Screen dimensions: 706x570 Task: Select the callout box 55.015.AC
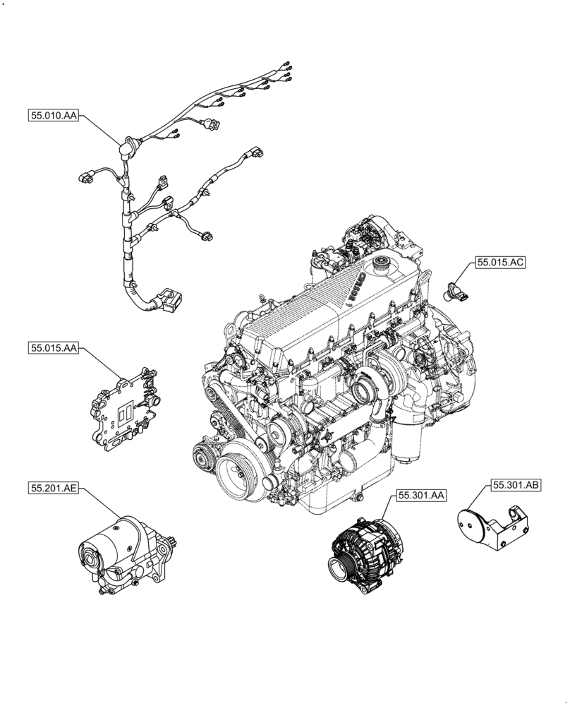point(500,262)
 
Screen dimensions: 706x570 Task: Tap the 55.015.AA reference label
point(54,348)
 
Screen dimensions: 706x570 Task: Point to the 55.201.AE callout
point(54,488)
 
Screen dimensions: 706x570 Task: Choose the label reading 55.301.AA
point(420,496)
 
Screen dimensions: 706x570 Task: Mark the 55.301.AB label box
point(516,485)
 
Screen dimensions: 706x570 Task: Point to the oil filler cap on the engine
point(385,266)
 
